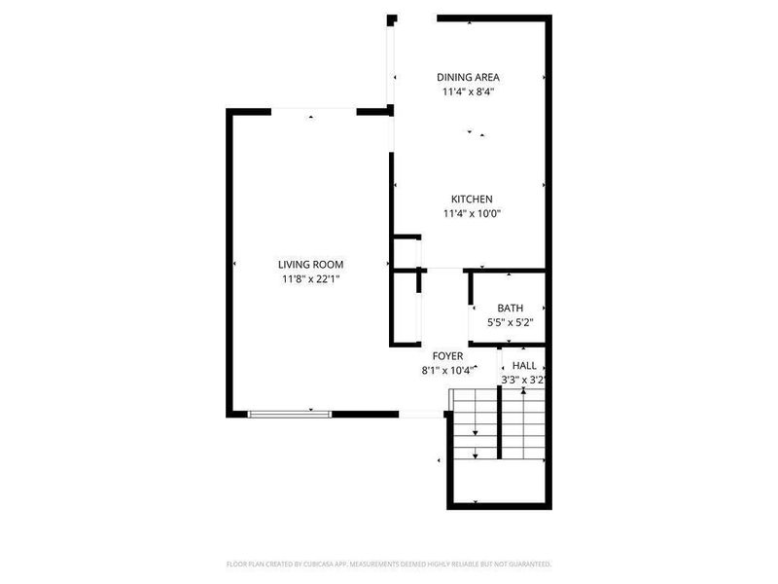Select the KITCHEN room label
tap(472, 199)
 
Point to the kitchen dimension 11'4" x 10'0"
tap(472, 214)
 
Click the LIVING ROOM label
tap(310, 264)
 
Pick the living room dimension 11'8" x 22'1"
tap(310, 279)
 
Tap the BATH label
tap(511, 308)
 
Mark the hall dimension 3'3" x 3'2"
tap(523, 380)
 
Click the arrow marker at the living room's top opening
tap(310, 117)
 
